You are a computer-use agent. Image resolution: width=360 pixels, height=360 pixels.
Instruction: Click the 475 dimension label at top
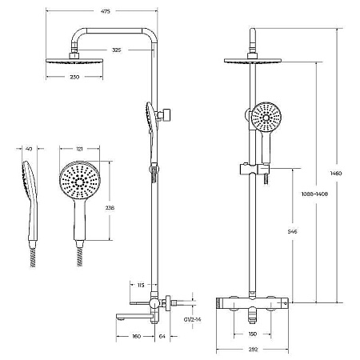pos(106,11)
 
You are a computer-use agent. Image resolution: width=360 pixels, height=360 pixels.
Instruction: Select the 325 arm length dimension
pos(117,50)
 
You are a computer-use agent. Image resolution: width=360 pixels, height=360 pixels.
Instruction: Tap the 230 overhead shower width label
pos(74,77)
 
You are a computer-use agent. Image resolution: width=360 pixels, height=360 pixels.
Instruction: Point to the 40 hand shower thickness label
pos(29,149)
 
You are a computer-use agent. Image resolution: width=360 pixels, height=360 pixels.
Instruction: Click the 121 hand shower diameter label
pos(79,149)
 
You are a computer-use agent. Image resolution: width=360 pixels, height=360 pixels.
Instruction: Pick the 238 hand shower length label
pos(110,207)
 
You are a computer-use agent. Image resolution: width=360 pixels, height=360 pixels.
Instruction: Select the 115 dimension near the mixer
pos(141,286)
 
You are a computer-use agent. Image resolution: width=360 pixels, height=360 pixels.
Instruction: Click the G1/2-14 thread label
pos(193,319)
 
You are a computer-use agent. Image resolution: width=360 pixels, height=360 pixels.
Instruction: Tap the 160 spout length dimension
pos(136,337)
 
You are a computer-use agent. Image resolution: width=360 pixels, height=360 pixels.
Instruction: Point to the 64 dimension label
pos(162,337)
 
